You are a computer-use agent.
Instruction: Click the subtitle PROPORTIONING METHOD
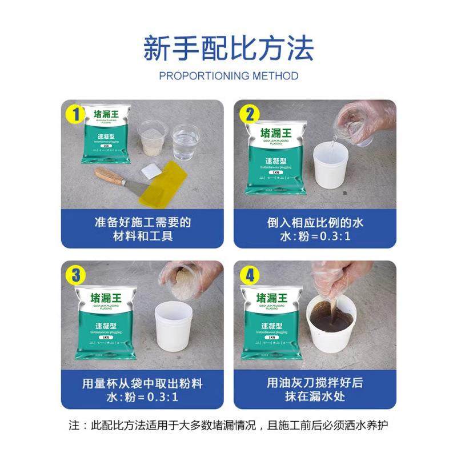pyautogui.click(x=228, y=75)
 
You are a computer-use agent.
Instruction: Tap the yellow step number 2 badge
pyautogui.click(x=248, y=115)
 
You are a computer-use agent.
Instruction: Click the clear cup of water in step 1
pyautogui.click(x=186, y=142)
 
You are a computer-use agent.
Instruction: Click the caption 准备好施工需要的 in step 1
pyautogui.click(x=142, y=222)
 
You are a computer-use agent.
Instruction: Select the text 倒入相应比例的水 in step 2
pyautogui.click(x=315, y=222)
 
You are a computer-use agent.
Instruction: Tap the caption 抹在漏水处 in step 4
pyautogui.click(x=315, y=396)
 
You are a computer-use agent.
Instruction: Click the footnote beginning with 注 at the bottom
pyautogui.click(x=228, y=426)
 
